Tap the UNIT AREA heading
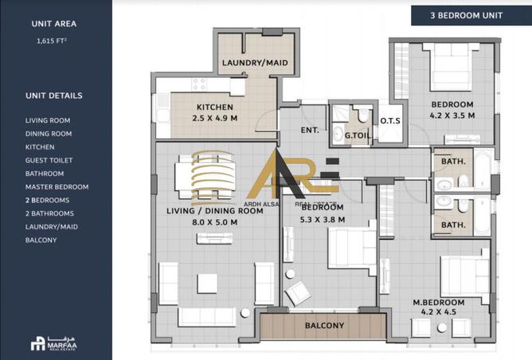tap(53, 24)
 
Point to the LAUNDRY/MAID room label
tap(254, 63)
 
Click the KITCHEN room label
tap(215, 108)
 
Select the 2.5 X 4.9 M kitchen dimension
tap(215, 118)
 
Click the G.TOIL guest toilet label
tap(355, 136)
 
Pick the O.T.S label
tap(390, 121)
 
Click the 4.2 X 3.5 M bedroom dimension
tap(452, 115)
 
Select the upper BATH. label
tap(453, 162)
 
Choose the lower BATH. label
tap(453, 225)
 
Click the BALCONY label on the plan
tap(324, 326)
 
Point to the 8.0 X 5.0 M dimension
tap(214, 222)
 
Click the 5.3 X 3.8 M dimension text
tap(323, 219)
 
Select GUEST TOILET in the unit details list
tap(49, 160)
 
